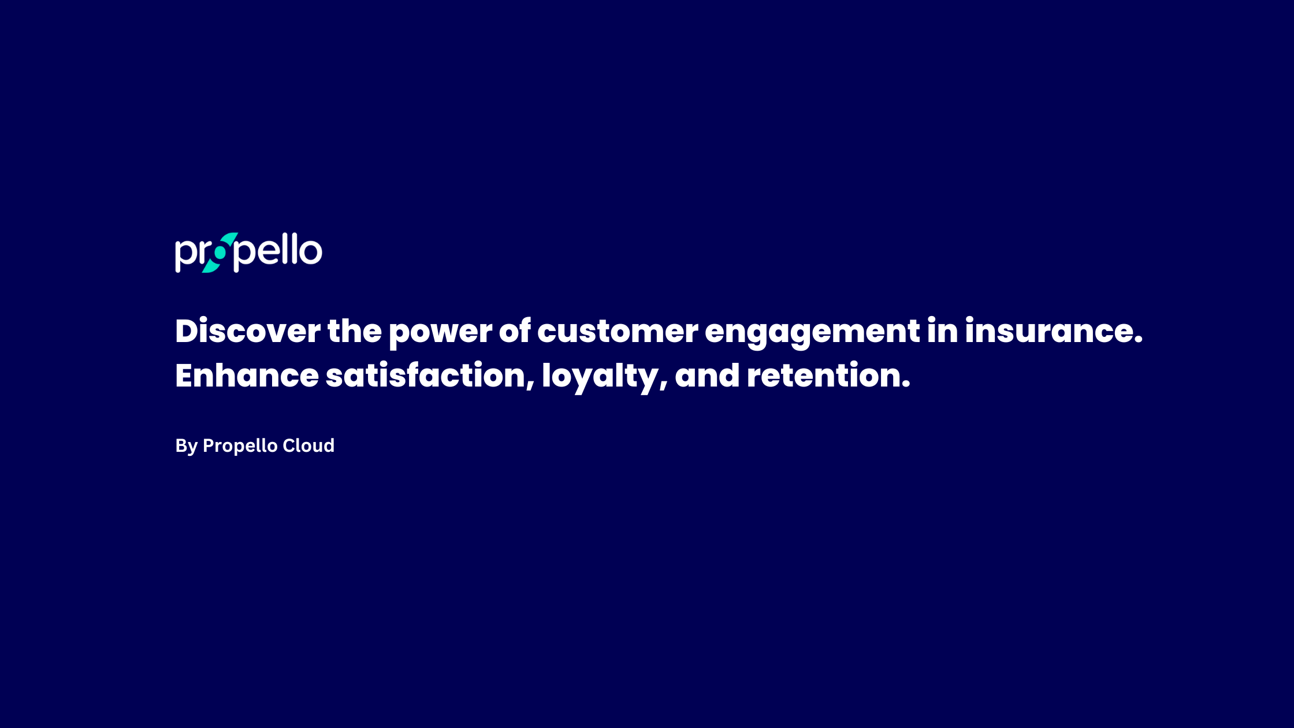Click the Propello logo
pos(248,252)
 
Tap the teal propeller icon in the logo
pos(220,252)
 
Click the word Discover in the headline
pos(247,331)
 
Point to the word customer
pos(617,331)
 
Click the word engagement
pos(812,332)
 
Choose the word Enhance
pos(247,376)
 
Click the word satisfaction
pos(425,376)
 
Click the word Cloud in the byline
pos(308,445)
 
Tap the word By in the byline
pos(186,446)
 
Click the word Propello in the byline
pos(240,446)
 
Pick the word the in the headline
pos(354,331)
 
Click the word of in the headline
pos(514,331)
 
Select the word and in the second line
pos(707,376)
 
